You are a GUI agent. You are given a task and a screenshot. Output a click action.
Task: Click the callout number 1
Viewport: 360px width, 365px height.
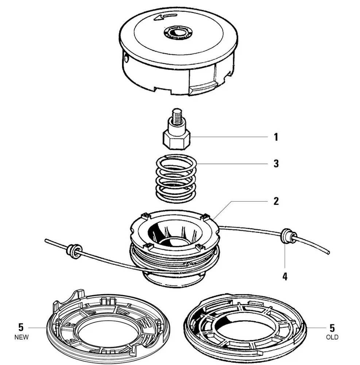(x=276, y=137)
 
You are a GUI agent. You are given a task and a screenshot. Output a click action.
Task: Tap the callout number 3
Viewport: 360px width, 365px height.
(x=276, y=163)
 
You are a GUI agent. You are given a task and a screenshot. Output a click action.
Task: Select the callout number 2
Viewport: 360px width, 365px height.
(x=276, y=201)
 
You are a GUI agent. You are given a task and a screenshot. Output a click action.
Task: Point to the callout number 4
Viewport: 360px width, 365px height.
(x=285, y=276)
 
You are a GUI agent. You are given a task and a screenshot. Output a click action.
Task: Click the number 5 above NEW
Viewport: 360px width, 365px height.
(x=21, y=327)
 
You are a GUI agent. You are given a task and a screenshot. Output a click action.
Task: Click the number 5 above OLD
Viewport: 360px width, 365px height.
(x=332, y=327)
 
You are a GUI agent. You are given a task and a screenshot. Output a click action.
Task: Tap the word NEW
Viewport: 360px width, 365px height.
(x=21, y=337)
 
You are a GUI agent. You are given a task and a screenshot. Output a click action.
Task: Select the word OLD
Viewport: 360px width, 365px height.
(x=332, y=337)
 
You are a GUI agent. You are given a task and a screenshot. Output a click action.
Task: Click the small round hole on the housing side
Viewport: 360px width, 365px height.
(x=126, y=57)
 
